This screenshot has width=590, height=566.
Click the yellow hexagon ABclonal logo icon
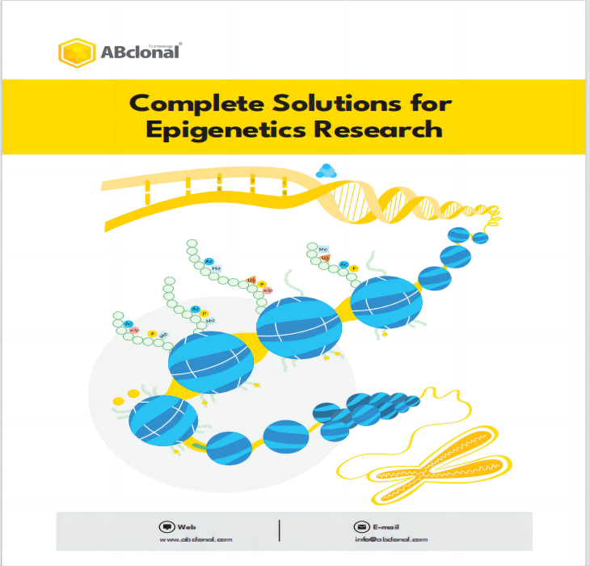[x=77, y=53]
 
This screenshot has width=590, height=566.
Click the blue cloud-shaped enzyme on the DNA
[x=326, y=171]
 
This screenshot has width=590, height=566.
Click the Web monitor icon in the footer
[x=167, y=526]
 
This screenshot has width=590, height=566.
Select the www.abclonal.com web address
[x=196, y=539]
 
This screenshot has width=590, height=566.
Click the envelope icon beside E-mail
[x=360, y=526]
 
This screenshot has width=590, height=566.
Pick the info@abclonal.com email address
[x=390, y=539]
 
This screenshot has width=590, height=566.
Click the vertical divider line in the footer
[x=280, y=530]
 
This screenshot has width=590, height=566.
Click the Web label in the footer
[x=187, y=526]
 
